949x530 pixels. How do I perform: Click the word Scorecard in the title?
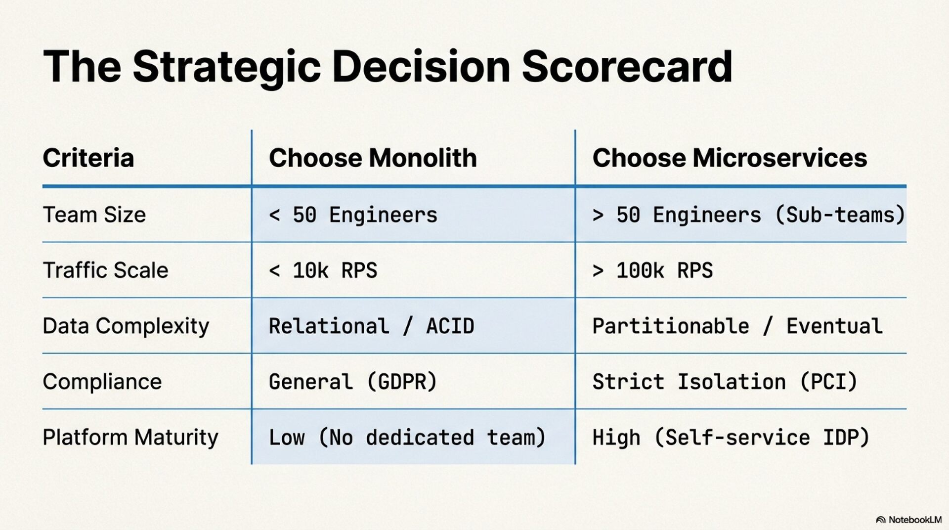point(627,66)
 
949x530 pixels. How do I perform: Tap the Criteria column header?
point(88,158)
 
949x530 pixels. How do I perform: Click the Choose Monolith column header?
point(373,158)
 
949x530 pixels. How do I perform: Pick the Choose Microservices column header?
point(730,158)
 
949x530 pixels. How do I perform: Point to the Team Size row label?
point(94,215)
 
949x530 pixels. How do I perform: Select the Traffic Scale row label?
point(106,270)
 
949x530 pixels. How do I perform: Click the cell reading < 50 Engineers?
point(353,215)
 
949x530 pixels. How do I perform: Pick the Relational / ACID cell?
point(371,326)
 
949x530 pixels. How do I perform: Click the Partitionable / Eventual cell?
point(737,326)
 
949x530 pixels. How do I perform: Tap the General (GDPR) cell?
point(353,382)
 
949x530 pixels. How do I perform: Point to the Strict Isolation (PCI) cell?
point(725,382)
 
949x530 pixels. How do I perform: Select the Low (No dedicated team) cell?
point(407,438)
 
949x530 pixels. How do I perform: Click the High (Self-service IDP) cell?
point(731,438)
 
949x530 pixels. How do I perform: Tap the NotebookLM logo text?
point(914,520)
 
